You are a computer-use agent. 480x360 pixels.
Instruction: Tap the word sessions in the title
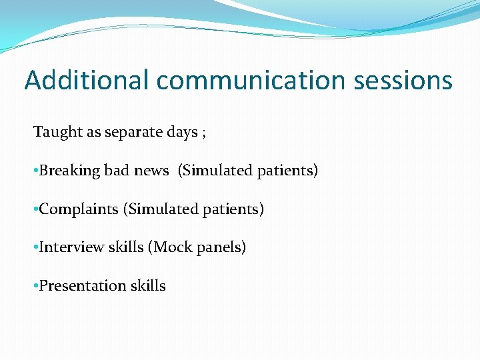click(x=404, y=81)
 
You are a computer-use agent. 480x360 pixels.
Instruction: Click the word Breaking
click(x=69, y=171)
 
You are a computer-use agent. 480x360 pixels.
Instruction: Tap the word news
click(x=151, y=171)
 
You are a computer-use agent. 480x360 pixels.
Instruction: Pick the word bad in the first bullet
click(x=117, y=171)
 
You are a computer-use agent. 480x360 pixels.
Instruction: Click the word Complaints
click(x=78, y=209)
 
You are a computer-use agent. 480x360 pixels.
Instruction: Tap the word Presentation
click(x=83, y=286)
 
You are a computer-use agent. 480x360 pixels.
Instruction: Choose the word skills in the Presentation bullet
click(x=148, y=286)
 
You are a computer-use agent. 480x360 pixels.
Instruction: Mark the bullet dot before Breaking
click(x=35, y=171)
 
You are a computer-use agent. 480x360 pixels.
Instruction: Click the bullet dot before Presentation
click(x=35, y=287)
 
